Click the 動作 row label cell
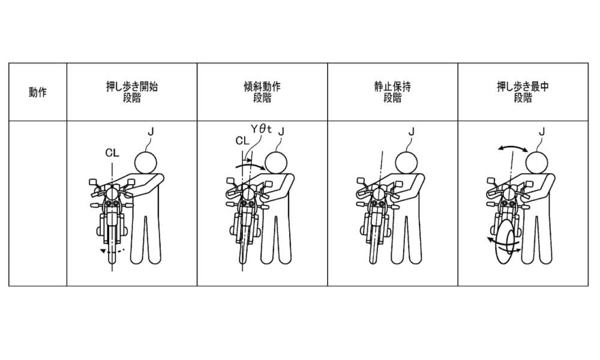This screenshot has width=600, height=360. [x=37, y=92]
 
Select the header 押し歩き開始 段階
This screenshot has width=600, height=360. [x=132, y=92]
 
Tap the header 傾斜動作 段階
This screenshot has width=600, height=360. [x=262, y=92]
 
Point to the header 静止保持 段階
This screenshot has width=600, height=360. [x=392, y=92]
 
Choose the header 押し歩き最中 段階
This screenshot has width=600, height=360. [x=523, y=92]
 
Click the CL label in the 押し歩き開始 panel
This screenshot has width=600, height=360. [x=112, y=153]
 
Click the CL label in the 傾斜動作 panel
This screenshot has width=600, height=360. [x=242, y=141]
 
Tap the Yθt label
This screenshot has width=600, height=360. [x=261, y=129]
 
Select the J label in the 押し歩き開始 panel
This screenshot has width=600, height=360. [x=151, y=132]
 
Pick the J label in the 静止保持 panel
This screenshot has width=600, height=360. [x=412, y=132]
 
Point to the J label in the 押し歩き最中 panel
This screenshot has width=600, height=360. [x=541, y=132]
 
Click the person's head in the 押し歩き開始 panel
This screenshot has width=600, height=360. [x=145, y=163]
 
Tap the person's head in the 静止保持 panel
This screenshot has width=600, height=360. [x=406, y=163]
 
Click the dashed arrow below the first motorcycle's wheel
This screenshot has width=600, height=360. [x=112, y=251]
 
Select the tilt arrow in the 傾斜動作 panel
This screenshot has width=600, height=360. [x=250, y=166]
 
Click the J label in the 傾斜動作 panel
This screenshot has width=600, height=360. [x=281, y=132]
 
